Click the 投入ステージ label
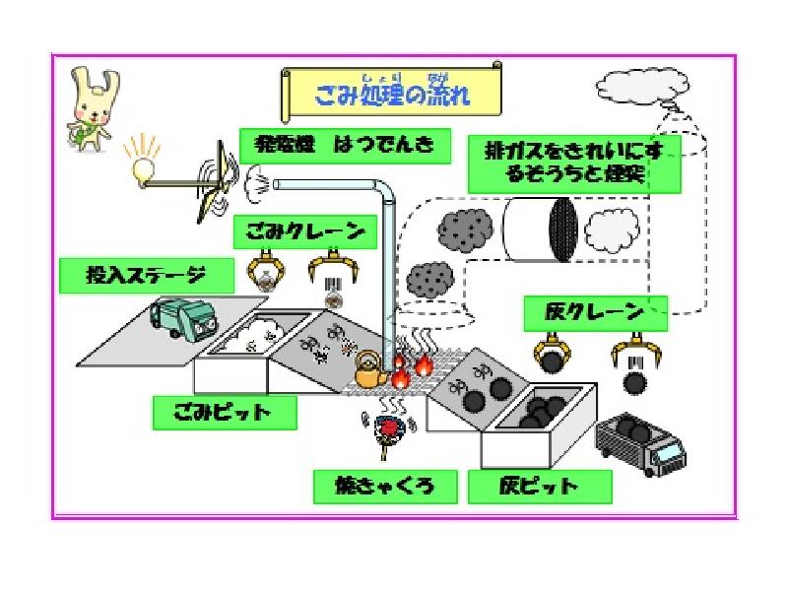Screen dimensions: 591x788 [147, 275]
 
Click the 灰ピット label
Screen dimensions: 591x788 [539, 486]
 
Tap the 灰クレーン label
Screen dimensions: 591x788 [595, 313]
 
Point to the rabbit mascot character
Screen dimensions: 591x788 [88, 109]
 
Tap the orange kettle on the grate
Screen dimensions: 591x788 [370, 373]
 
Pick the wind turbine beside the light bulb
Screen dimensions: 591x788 [219, 184]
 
